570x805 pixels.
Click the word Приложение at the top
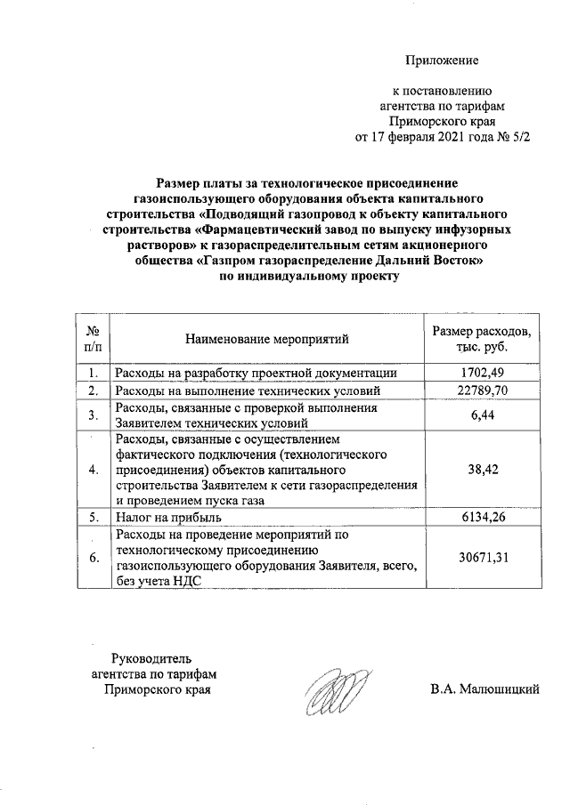click(x=442, y=60)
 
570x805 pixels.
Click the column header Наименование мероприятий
click(x=267, y=339)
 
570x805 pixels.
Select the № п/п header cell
click(x=92, y=339)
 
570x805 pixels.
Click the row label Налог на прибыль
click(x=166, y=517)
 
